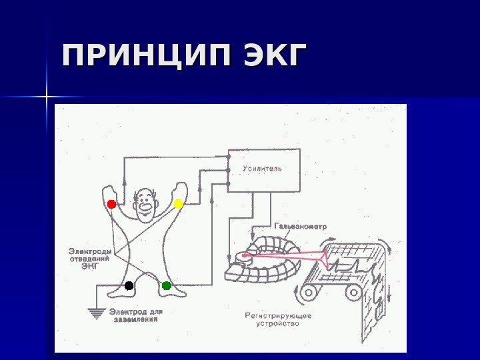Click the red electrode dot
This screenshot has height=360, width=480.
111,204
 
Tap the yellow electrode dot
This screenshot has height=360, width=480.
179,203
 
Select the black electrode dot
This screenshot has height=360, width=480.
129,286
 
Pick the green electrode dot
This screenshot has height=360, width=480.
167,286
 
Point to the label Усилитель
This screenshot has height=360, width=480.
262,169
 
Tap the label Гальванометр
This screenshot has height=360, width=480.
300,227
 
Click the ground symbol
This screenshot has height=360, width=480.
97,311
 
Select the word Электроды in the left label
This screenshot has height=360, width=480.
90,251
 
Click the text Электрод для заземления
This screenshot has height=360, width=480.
135,315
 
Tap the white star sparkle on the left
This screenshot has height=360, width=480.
48,97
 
